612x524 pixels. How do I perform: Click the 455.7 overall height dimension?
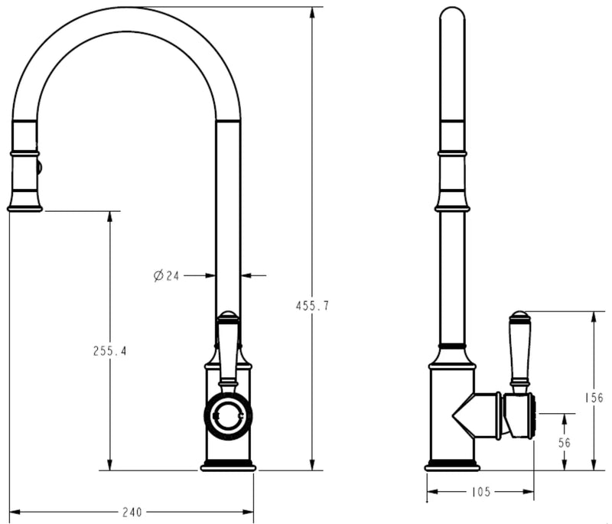312,306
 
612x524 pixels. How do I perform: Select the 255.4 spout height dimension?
110,351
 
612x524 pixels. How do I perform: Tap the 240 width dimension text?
132,512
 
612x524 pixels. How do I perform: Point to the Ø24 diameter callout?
166,276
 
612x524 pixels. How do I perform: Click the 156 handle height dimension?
594,398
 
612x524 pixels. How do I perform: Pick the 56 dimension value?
565,443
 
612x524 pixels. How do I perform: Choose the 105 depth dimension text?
480,492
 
